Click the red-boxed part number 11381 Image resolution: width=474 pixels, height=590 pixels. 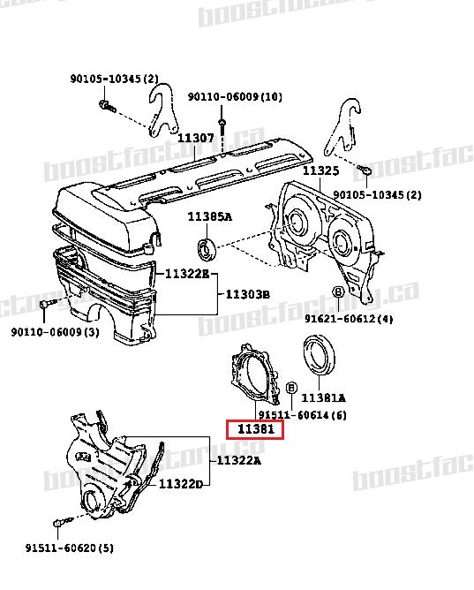coord(254,430)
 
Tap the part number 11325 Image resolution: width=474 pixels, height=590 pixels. coord(321,170)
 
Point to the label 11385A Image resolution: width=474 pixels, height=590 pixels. coord(208,216)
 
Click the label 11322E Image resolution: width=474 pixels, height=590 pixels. coord(185,274)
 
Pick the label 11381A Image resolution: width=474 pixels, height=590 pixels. coord(324,397)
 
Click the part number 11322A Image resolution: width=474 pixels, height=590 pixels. coord(238,459)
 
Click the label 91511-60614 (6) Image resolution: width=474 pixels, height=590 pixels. coord(297,414)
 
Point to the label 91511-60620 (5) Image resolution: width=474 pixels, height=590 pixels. coord(69,548)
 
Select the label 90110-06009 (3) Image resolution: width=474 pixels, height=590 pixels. coord(55,332)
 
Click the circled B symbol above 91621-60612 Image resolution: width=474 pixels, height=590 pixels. coord(338,292)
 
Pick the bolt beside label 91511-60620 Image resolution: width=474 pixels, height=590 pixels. coord(59,525)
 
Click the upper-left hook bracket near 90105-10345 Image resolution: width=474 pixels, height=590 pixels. coord(162,106)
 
